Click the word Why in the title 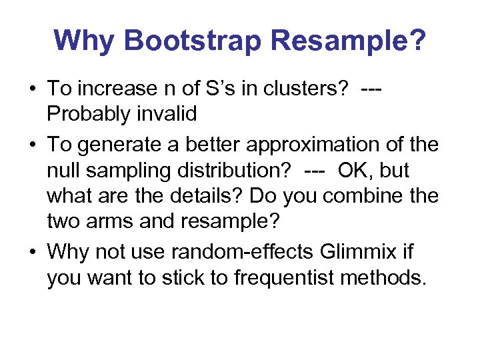[85, 41]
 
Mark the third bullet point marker [33, 251]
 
